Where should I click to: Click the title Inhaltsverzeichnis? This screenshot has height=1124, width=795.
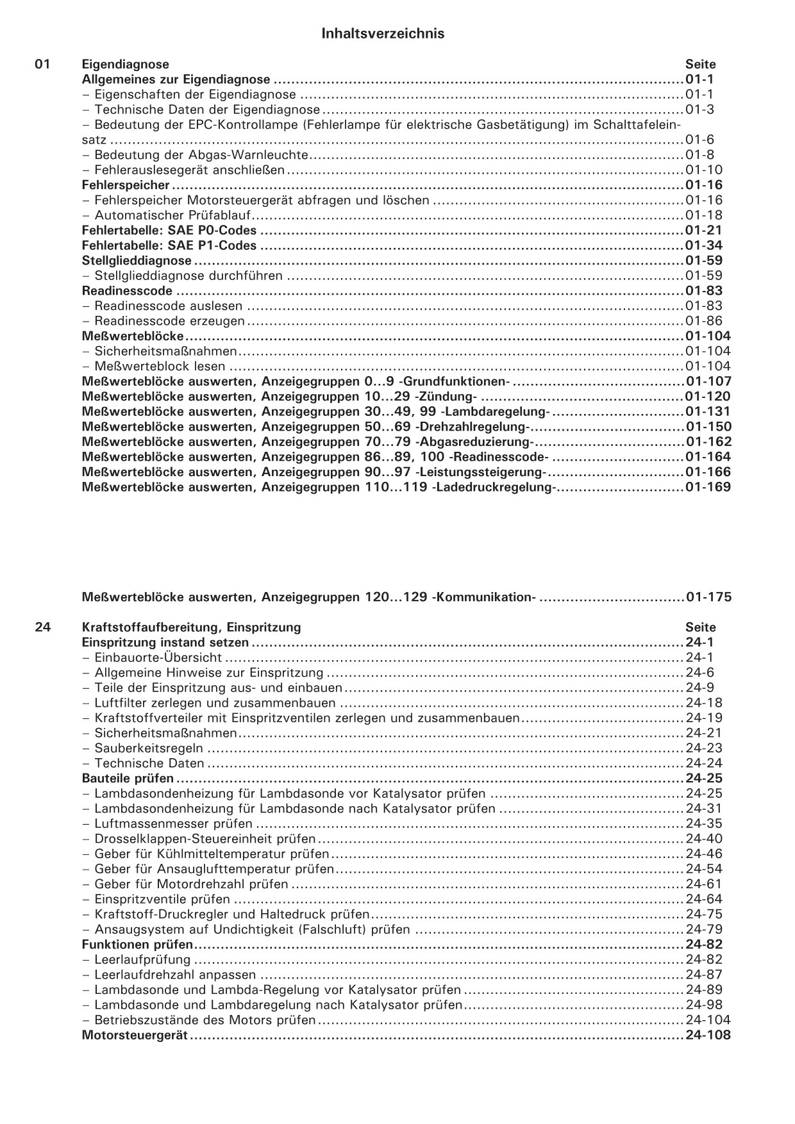point(383,34)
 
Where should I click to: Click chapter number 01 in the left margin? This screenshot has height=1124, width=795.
point(42,64)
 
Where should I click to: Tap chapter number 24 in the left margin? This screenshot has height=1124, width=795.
point(42,627)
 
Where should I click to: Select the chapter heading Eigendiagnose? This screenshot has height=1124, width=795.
point(126,64)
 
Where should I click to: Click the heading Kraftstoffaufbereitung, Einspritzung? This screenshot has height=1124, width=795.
point(191,627)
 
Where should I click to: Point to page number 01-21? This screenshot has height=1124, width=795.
point(703,231)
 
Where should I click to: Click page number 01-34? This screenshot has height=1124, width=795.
point(703,245)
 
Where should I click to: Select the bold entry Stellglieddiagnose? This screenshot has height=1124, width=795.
point(137,261)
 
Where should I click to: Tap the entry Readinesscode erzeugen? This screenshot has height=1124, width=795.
point(169,321)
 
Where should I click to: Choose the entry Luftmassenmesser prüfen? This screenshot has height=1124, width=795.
point(173,824)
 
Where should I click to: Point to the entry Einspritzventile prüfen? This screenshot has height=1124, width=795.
point(162,899)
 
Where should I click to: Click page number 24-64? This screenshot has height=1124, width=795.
point(703,899)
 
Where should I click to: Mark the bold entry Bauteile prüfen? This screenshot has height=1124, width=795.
point(128,779)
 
